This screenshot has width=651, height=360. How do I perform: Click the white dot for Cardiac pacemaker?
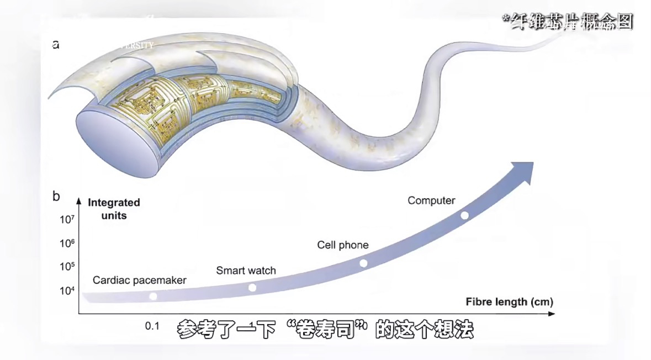click(153, 297)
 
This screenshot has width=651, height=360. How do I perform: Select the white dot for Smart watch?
click(252, 287)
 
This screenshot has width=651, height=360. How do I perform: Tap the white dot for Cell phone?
click(363, 263)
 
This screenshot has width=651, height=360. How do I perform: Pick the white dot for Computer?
click(464, 215)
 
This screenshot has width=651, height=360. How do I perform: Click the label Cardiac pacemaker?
click(139, 280)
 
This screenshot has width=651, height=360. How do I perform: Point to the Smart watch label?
click(246, 271)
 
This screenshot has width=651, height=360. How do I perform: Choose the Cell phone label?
click(342, 245)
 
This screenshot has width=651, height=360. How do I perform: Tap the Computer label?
click(431, 200)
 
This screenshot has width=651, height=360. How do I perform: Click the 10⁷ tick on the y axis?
click(66, 219)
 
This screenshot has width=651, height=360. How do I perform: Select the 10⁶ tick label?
click(66, 243)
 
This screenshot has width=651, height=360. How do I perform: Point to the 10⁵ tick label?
click(66, 267)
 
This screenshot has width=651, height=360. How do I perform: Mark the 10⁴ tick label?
click(66, 291)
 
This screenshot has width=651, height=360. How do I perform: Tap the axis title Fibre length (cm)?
click(509, 302)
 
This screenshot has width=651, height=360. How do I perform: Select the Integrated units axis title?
click(114, 209)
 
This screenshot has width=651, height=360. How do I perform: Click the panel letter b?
click(56, 195)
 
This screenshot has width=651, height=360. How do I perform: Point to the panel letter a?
click(56, 44)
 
